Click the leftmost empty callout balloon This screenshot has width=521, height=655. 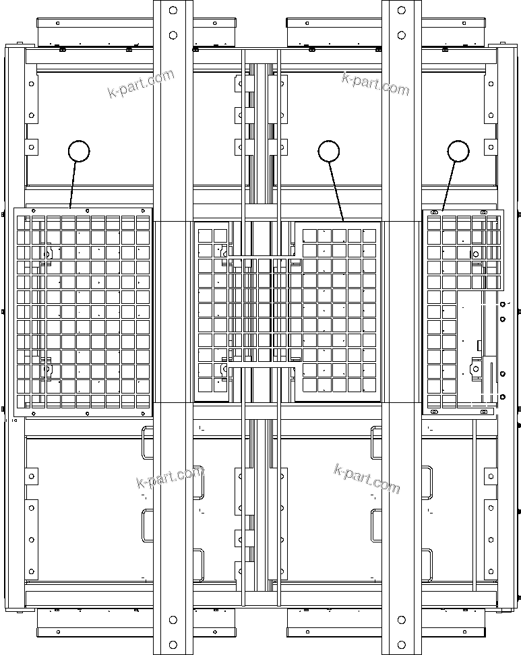click(80, 151)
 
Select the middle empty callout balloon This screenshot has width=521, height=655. click(329, 151)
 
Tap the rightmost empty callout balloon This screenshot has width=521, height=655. click(459, 151)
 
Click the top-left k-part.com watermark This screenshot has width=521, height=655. click(141, 84)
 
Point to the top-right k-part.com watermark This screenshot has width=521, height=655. click(375, 84)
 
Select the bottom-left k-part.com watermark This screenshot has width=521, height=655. click(169, 478)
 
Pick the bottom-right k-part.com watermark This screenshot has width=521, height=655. click(367, 478)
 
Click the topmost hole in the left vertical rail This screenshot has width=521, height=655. click(173, 10)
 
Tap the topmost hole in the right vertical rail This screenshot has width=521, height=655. click(401, 10)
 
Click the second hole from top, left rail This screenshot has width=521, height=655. click(173, 34)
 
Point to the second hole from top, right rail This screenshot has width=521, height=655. click(401, 34)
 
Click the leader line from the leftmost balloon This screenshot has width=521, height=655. click(73, 185)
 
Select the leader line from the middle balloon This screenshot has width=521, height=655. click(337, 191)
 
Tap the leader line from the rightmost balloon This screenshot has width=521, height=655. click(450, 186)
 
